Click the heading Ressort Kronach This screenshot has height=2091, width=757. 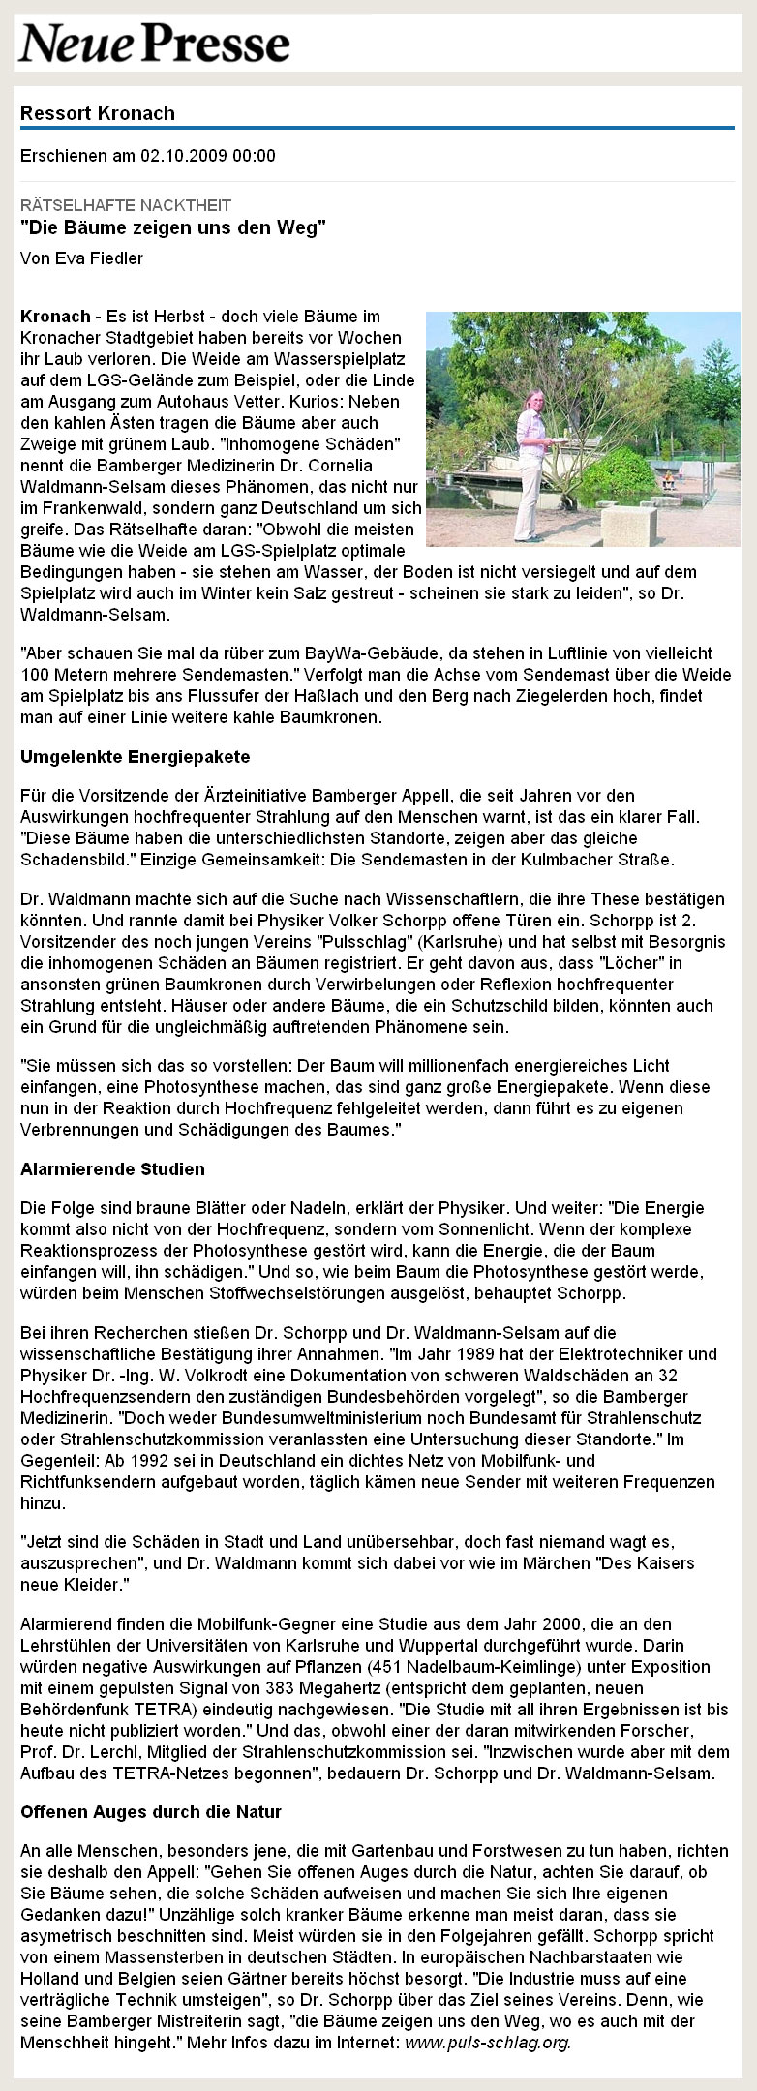[98, 113]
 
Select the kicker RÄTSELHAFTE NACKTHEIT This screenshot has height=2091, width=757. [126, 205]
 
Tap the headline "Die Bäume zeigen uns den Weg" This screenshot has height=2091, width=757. [173, 228]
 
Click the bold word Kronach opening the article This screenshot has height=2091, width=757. [54, 317]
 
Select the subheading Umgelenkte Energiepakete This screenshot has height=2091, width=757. [136, 755]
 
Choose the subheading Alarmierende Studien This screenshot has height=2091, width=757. [112, 1168]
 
